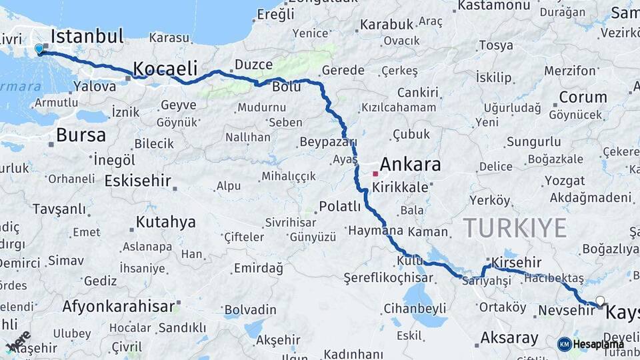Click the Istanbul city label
coord(87,36)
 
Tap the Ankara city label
coord(410,165)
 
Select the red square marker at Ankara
coord(375,173)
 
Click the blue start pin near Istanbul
coord(39,49)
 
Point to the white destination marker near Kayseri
coord(601,301)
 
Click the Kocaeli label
coord(165,68)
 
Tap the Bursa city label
coord(81,135)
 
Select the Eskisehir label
coord(138,181)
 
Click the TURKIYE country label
coord(515,228)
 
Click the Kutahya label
coord(165,221)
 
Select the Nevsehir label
coord(561,310)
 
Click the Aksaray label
coord(509,337)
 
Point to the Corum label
coord(583,97)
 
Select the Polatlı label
coord(339,206)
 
